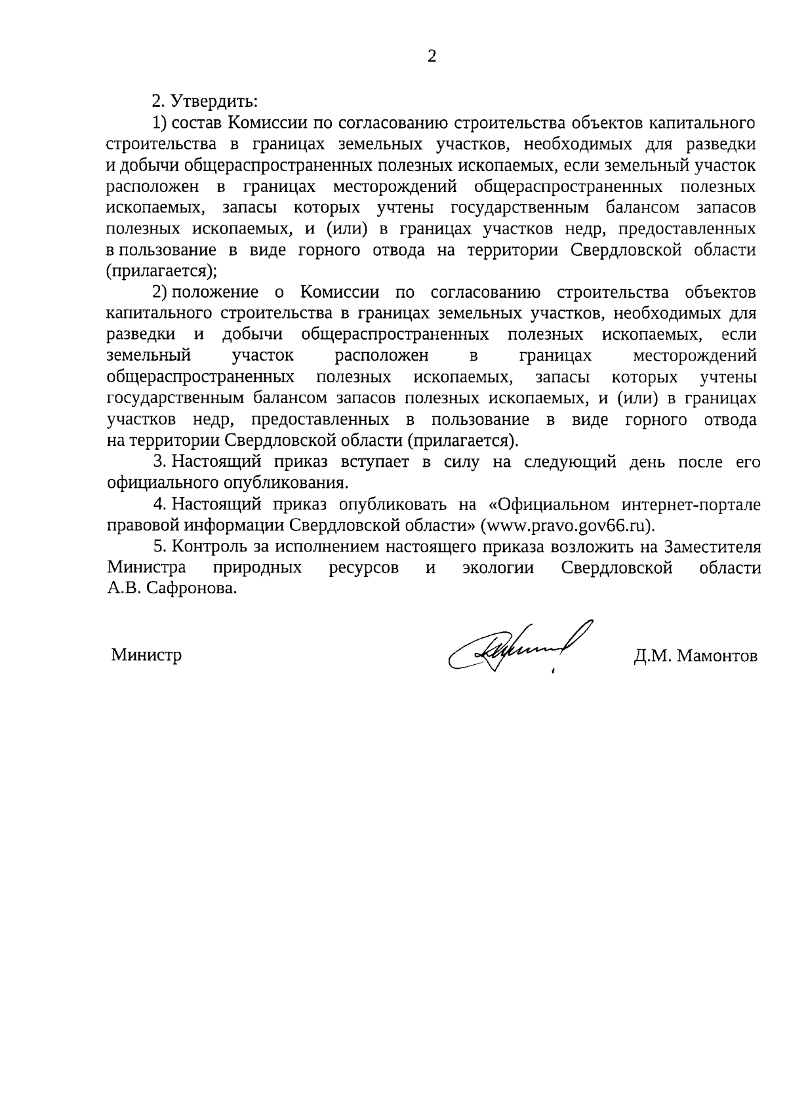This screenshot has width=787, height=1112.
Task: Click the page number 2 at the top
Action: pos(431,57)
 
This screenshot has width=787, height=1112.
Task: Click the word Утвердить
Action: pos(214,102)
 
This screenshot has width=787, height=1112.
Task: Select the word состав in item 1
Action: pos(198,123)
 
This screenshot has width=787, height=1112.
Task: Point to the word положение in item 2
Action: pos(216,292)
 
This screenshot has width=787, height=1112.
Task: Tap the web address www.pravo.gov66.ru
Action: pos(567,526)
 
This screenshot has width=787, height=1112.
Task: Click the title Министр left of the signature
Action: pos(146,655)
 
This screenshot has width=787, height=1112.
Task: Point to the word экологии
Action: pos(498,568)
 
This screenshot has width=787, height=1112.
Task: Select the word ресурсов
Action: pos(363,568)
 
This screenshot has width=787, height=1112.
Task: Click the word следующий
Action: pos(570,462)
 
